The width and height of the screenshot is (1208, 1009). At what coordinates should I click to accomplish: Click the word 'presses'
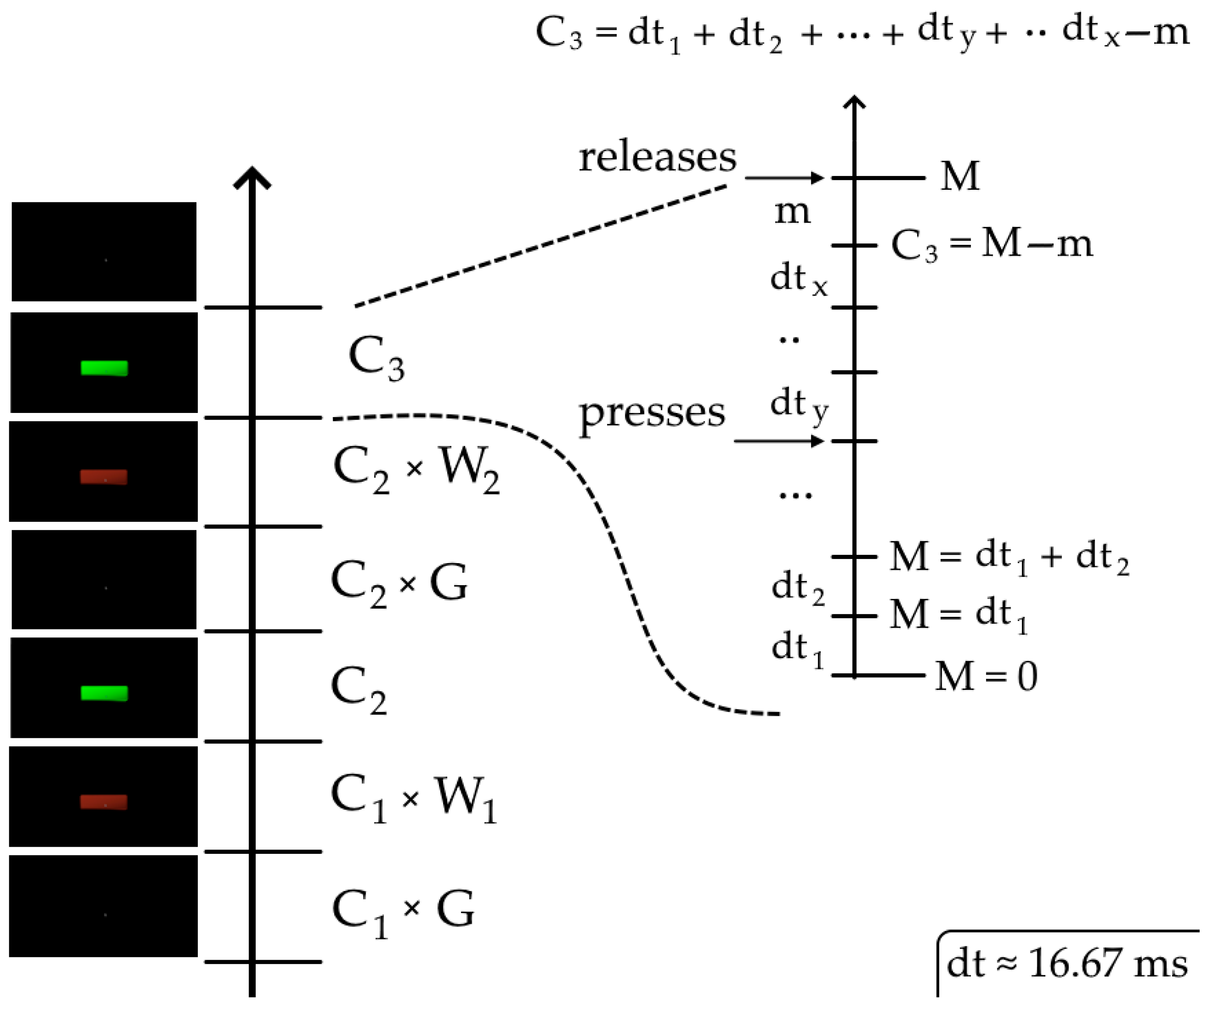652,413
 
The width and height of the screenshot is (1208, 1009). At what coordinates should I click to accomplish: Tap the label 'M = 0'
986,676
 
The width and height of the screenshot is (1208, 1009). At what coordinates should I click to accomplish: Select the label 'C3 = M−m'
991,244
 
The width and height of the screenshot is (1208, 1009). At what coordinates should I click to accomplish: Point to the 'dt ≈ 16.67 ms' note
1067,963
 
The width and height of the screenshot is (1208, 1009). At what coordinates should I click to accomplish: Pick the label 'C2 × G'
399,582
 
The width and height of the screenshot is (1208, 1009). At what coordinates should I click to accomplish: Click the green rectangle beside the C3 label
104,368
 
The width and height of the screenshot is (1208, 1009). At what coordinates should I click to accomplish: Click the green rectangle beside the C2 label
104,693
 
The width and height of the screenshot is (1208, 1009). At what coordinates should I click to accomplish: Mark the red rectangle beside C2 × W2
103,477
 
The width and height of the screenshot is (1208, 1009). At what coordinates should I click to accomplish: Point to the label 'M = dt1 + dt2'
1009,557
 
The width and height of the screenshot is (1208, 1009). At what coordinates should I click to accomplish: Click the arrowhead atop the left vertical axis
252,178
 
